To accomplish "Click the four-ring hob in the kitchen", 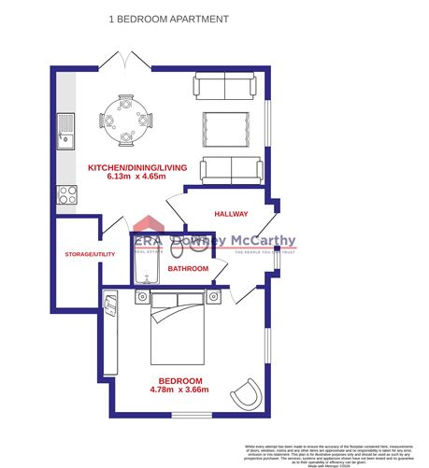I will (x=66, y=193).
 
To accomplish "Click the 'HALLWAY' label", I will (x=231, y=214).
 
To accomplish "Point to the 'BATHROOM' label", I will (x=188, y=269).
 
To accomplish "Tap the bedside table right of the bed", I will (x=213, y=297).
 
